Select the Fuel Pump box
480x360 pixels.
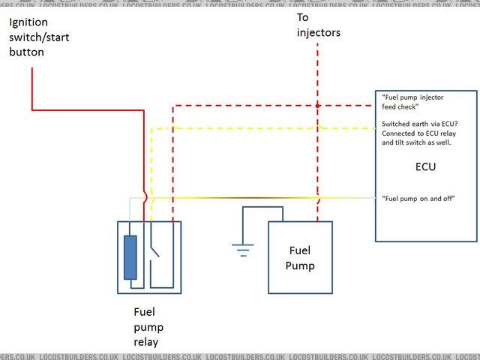[301, 257]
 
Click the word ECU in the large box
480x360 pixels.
[425, 166]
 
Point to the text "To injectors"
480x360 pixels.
[318, 25]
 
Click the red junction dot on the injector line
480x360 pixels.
[318, 106]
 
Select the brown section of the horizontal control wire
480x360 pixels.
[247, 198]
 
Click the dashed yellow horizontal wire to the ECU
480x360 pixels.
[262, 128]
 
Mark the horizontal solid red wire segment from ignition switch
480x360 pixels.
[86, 109]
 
